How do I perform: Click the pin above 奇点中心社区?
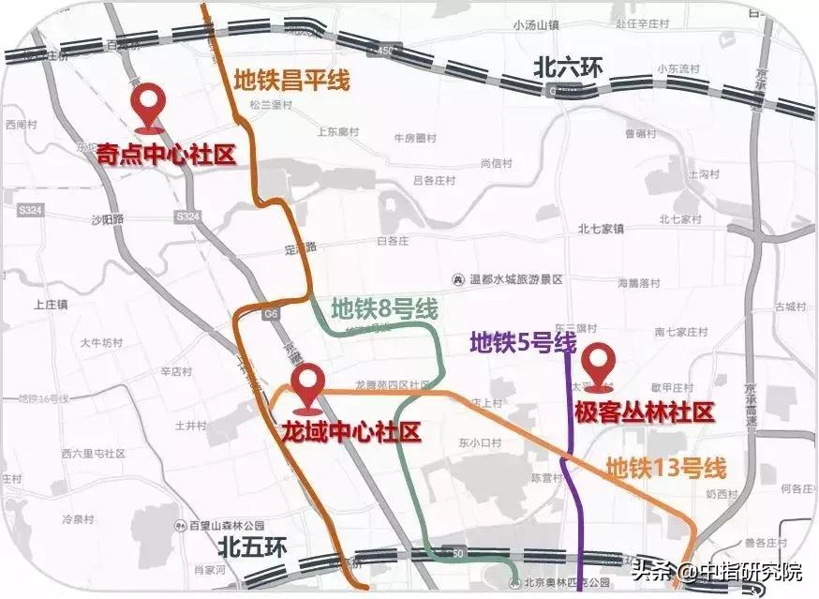148,105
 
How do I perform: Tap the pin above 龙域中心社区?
307,386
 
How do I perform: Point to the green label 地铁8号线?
384,307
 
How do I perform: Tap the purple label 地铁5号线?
522,343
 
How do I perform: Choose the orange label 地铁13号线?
666,466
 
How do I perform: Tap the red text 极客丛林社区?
645,412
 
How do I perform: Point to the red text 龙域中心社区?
351,432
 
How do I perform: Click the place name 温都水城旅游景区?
512,278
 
